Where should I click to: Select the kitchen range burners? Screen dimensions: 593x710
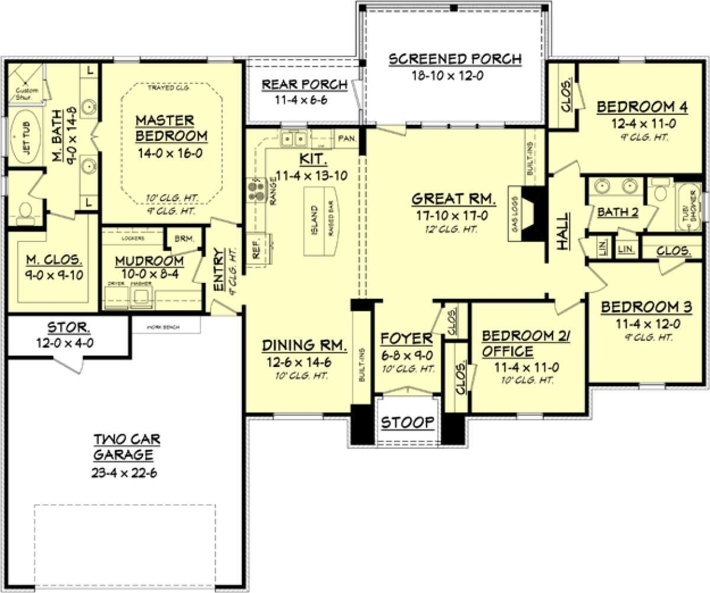[256, 189]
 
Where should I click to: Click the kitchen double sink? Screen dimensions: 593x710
[294, 140]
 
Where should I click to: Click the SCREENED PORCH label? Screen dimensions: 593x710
[455, 59]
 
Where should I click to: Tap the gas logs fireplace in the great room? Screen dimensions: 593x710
[531, 214]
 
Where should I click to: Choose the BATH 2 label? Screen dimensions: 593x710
[617, 211]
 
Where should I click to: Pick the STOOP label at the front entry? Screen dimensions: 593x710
[407, 423]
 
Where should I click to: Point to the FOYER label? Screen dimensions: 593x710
[406, 339]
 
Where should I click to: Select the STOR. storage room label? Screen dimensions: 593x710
[69, 327]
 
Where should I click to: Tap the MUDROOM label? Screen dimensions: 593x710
[149, 260]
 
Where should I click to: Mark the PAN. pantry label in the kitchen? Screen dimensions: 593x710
[347, 139]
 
